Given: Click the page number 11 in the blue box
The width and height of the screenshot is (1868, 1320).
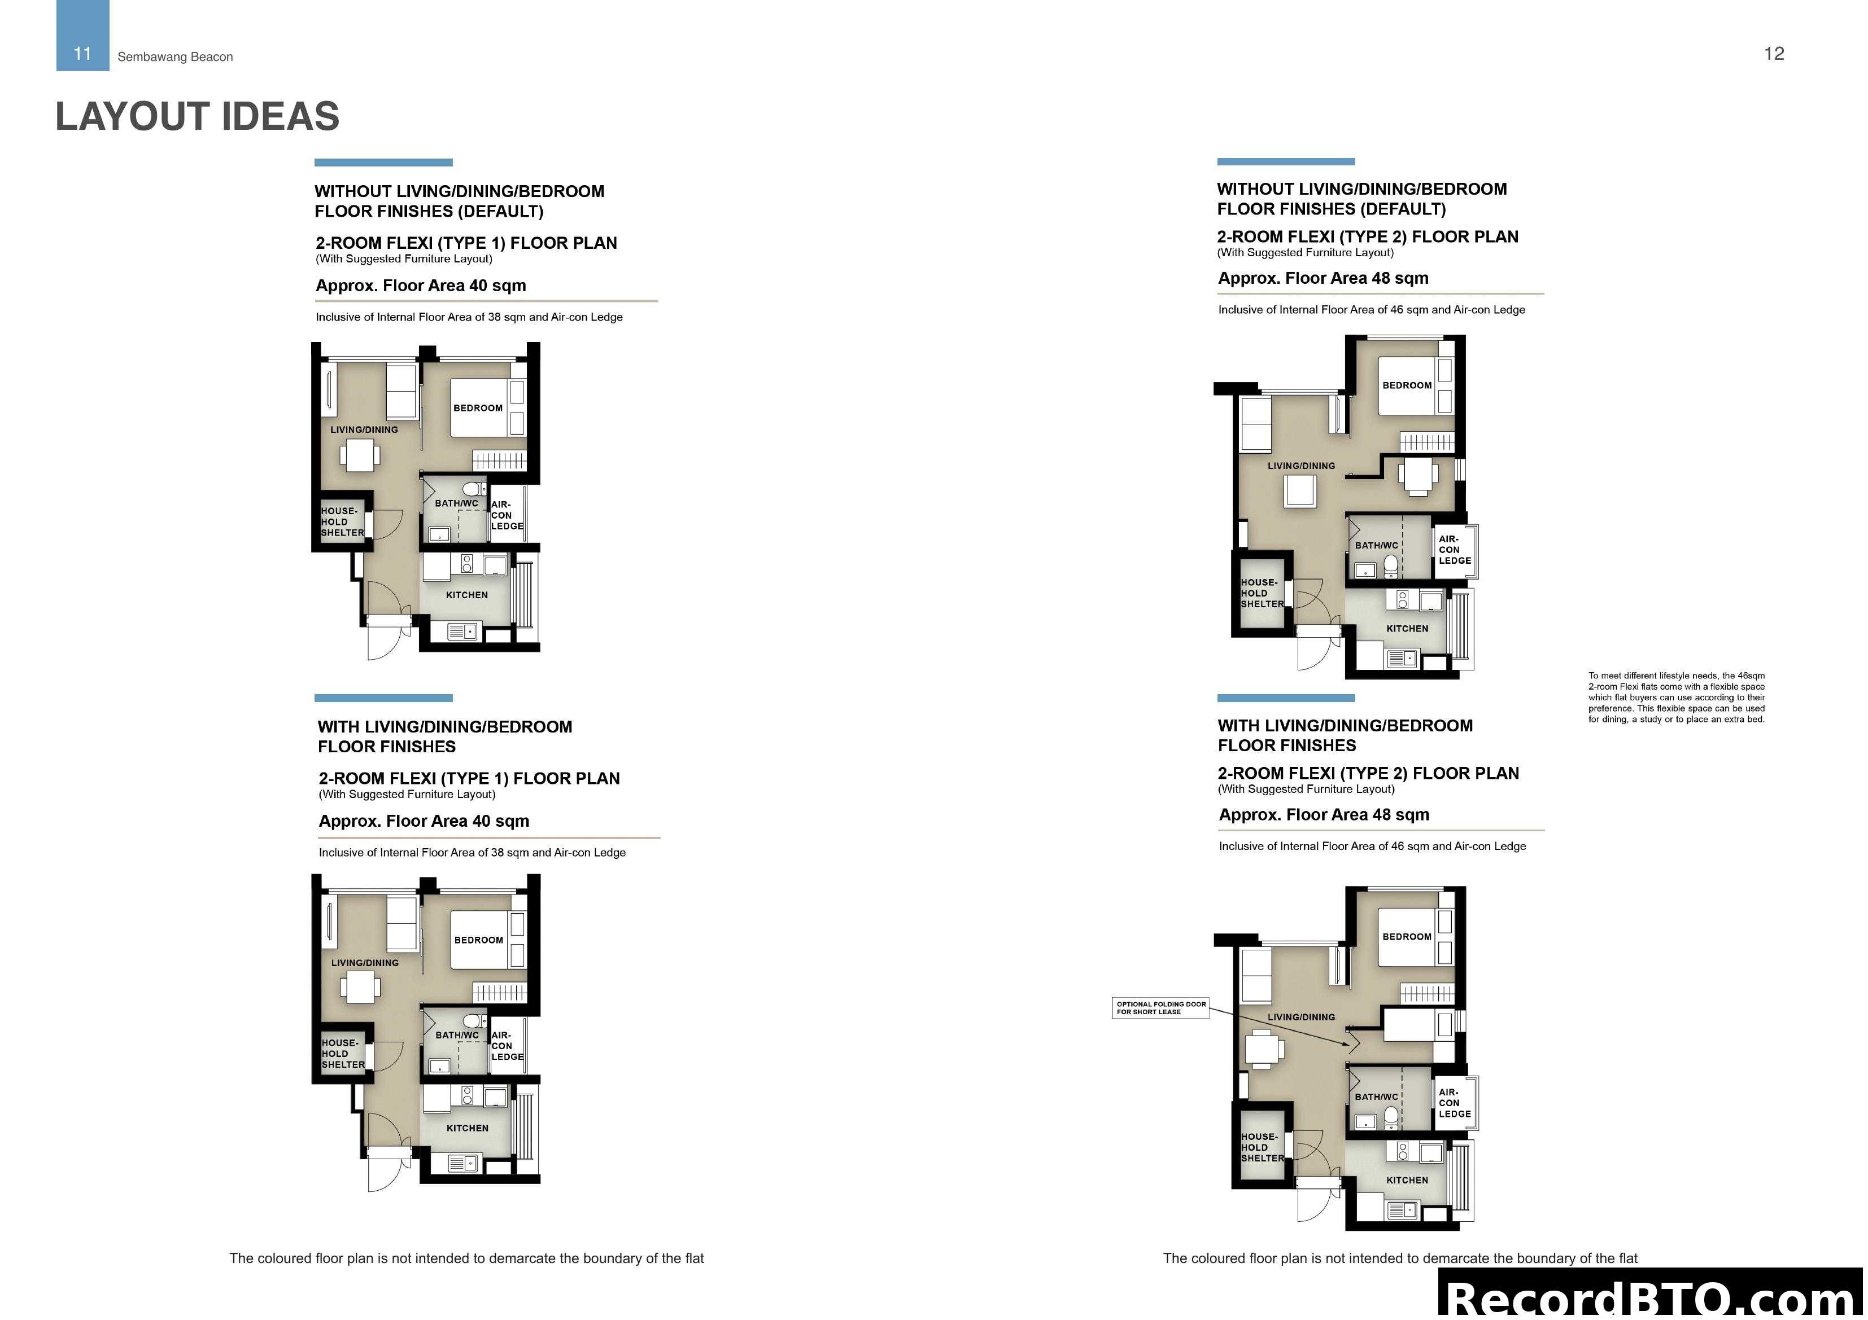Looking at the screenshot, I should click(x=82, y=54).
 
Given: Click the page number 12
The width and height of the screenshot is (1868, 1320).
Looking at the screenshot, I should click(x=1774, y=54).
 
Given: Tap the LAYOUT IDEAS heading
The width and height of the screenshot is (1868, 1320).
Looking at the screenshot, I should click(x=197, y=116).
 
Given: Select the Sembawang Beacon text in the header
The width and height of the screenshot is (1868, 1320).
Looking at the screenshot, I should click(x=175, y=57).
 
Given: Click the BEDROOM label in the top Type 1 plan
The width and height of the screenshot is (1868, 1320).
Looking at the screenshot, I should click(x=478, y=408).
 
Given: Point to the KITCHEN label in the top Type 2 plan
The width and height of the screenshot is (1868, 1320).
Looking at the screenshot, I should click(x=1407, y=629).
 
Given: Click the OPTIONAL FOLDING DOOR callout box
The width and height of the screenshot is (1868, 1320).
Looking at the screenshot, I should click(x=1160, y=1008).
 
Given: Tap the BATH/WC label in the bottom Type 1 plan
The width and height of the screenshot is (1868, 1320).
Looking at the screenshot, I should click(x=456, y=1036).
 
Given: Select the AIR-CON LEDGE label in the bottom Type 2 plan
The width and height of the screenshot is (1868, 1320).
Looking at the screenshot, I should click(x=1455, y=1103).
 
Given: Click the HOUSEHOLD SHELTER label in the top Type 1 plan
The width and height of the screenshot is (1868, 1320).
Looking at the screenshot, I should click(x=342, y=522).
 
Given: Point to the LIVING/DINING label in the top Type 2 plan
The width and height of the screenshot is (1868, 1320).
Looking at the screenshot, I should click(x=1301, y=466).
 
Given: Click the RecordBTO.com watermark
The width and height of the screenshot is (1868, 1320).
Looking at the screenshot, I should click(x=1652, y=1298).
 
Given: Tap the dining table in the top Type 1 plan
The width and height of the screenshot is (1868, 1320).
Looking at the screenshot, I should click(x=359, y=455).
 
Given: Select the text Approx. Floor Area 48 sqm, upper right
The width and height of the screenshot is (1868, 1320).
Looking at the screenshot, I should click(x=1323, y=278).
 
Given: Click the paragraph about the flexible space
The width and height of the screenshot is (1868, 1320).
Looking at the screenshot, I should click(x=1676, y=697).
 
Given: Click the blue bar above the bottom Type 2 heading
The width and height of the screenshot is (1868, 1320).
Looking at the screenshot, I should click(x=1285, y=698).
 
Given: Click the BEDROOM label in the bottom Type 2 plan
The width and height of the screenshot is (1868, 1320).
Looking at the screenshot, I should click(x=1406, y=937).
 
